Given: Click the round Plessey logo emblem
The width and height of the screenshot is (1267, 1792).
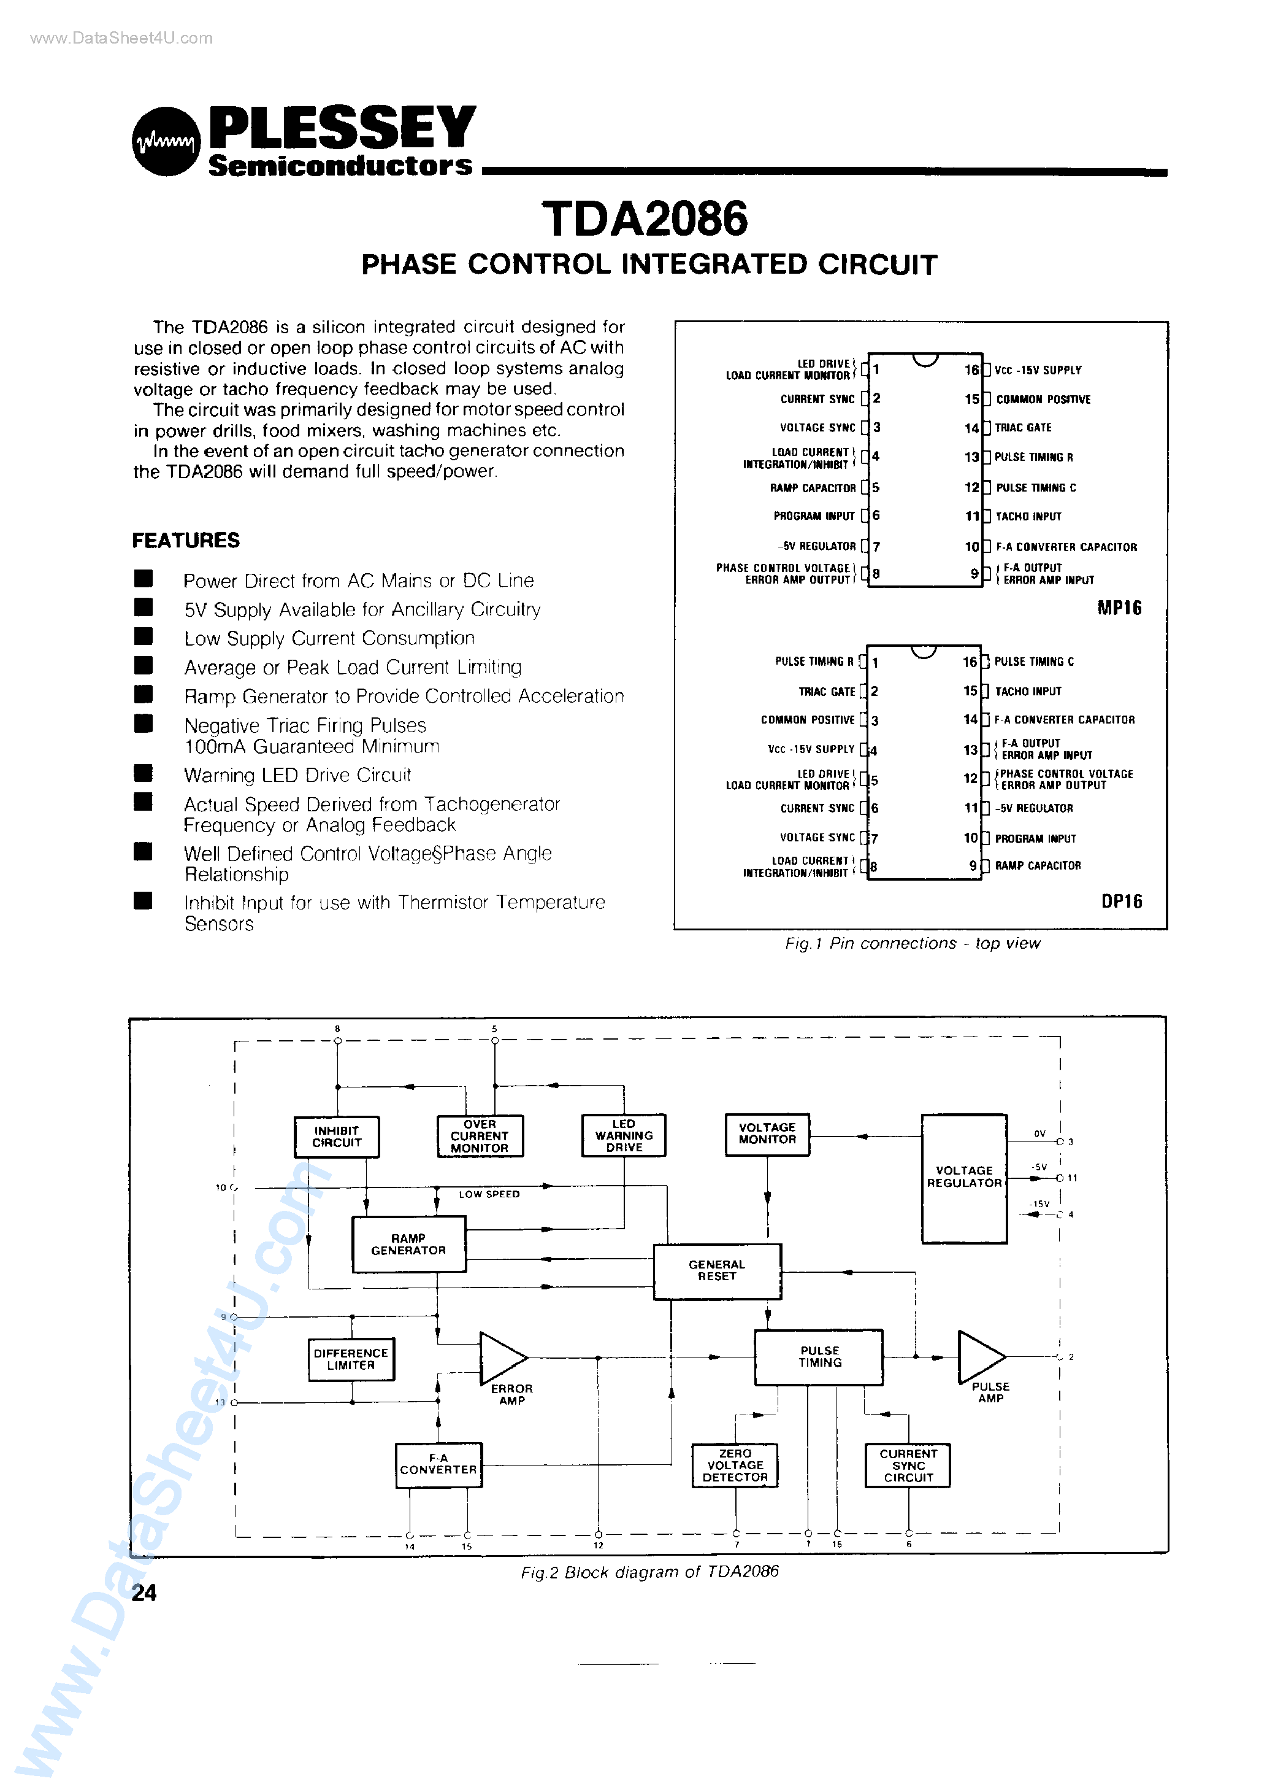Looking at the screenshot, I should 166,141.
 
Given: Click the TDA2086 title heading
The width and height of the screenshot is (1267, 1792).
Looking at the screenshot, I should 645,218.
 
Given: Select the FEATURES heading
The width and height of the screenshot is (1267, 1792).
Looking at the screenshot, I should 186,540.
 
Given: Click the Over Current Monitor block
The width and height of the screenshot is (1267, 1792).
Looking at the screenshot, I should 480,1135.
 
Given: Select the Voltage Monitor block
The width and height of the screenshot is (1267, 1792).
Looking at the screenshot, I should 767,1134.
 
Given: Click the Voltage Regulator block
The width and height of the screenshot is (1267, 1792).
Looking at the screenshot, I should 964,1178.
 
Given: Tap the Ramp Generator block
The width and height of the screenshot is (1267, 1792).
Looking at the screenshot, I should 409,1244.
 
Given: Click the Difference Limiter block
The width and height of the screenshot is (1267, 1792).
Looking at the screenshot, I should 351,1359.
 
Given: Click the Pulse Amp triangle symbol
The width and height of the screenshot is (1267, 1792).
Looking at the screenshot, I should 978,1356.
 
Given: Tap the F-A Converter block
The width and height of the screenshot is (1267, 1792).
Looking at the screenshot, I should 438,1464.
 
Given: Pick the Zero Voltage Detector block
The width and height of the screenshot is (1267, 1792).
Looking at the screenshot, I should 735,1465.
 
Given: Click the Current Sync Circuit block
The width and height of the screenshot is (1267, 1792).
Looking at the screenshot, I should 908,1465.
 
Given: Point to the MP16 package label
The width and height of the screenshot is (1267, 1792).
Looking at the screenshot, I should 1120,608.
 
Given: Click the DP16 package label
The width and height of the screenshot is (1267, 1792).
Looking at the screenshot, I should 1121,902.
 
